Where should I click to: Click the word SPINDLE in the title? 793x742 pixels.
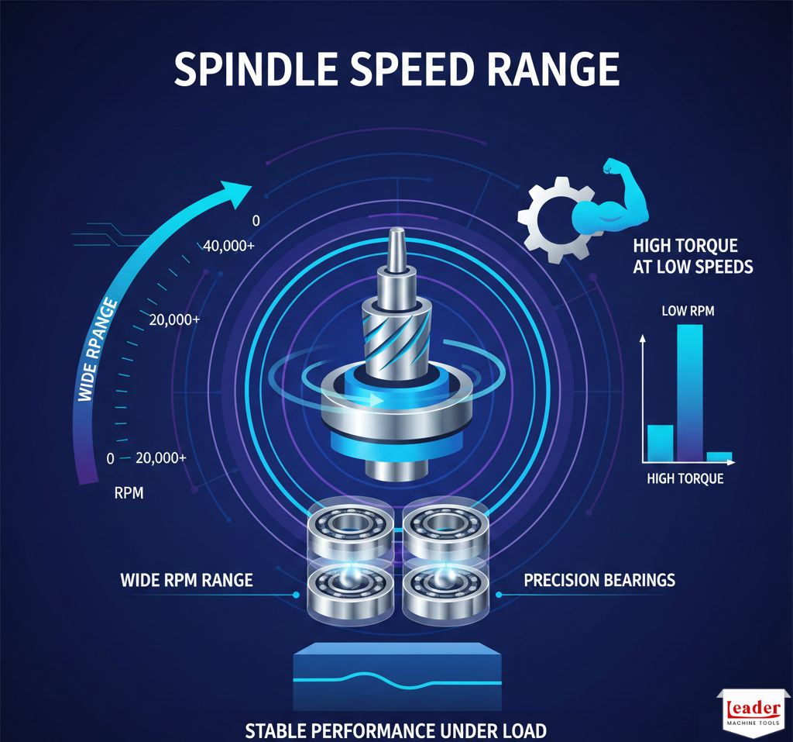click(x=256, y=69)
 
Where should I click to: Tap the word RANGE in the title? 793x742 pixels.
click(x=553, y=69)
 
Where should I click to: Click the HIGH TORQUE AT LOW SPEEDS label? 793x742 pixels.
click(x=693, y=257)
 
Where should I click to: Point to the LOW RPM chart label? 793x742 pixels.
click(x=688, y=310)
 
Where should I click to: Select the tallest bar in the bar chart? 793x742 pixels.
click(x=690, y=393)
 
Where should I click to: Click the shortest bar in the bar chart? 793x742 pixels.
click(x=719, y=457)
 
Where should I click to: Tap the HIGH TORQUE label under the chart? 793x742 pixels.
click(x=685, y=478)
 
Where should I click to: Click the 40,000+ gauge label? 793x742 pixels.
click(x=229, y=246)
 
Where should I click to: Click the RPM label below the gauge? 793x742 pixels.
click(x=129, y=493)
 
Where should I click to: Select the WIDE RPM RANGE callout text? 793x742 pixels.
click(x=187, y=580)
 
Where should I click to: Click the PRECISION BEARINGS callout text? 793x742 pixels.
click(x=599, y=580)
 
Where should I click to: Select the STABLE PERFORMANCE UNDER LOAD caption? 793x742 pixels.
click(x=396, y=731)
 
